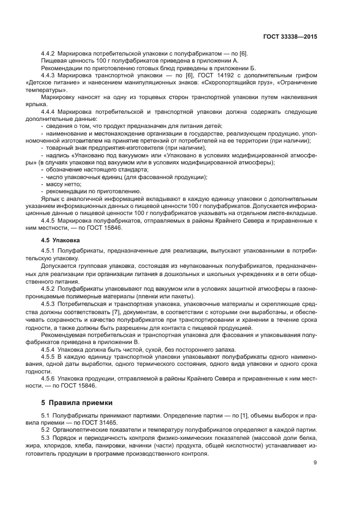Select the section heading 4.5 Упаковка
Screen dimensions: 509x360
click(x=60, y=240)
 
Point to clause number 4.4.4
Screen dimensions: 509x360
click(x=51, y=111)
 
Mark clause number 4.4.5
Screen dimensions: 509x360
click(x=51, y=220)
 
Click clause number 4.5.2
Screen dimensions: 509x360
click(x=51, y=287)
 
